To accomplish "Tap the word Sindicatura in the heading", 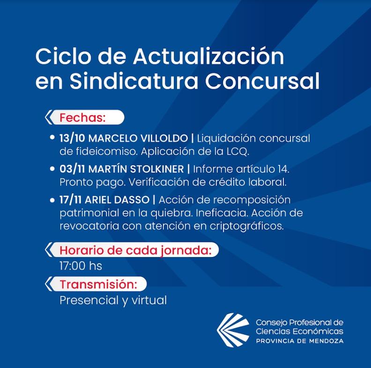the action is click(134, 81).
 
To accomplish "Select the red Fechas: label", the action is click(82, 118).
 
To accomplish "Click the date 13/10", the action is click(72, 139).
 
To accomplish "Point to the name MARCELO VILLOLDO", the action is click(138, 139).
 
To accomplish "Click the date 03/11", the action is click(72, 169).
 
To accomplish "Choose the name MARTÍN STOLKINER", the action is click(136, 169).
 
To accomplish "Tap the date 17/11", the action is click(71, 200).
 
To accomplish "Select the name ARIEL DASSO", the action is click(117, 200).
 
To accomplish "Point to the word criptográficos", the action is click(247, 226).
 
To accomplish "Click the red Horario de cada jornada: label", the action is click(135, 250).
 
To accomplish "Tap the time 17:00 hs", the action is click(81, 266).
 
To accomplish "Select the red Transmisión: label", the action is click(98, 284).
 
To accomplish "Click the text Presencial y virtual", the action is click(113, 301).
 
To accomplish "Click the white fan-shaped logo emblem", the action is click(233, 330).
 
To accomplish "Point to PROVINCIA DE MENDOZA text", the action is click(300, 341).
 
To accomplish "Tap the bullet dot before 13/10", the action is click(52, 137).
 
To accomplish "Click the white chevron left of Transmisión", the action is click(49, 284).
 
